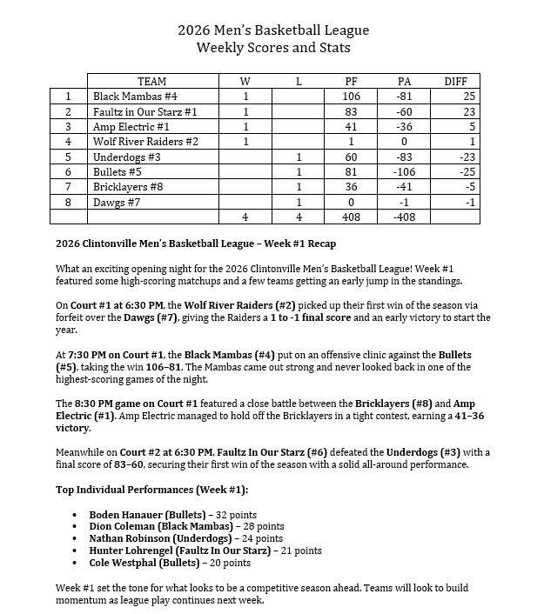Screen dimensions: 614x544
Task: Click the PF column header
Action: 351,82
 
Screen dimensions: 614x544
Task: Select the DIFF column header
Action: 455,82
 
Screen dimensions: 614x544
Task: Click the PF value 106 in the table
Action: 351,97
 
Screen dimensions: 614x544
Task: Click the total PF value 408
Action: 351,217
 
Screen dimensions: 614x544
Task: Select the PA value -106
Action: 404,172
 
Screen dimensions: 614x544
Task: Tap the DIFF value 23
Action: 455,111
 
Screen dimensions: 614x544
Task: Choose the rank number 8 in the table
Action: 68,202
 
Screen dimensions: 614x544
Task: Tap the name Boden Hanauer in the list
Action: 125,515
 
